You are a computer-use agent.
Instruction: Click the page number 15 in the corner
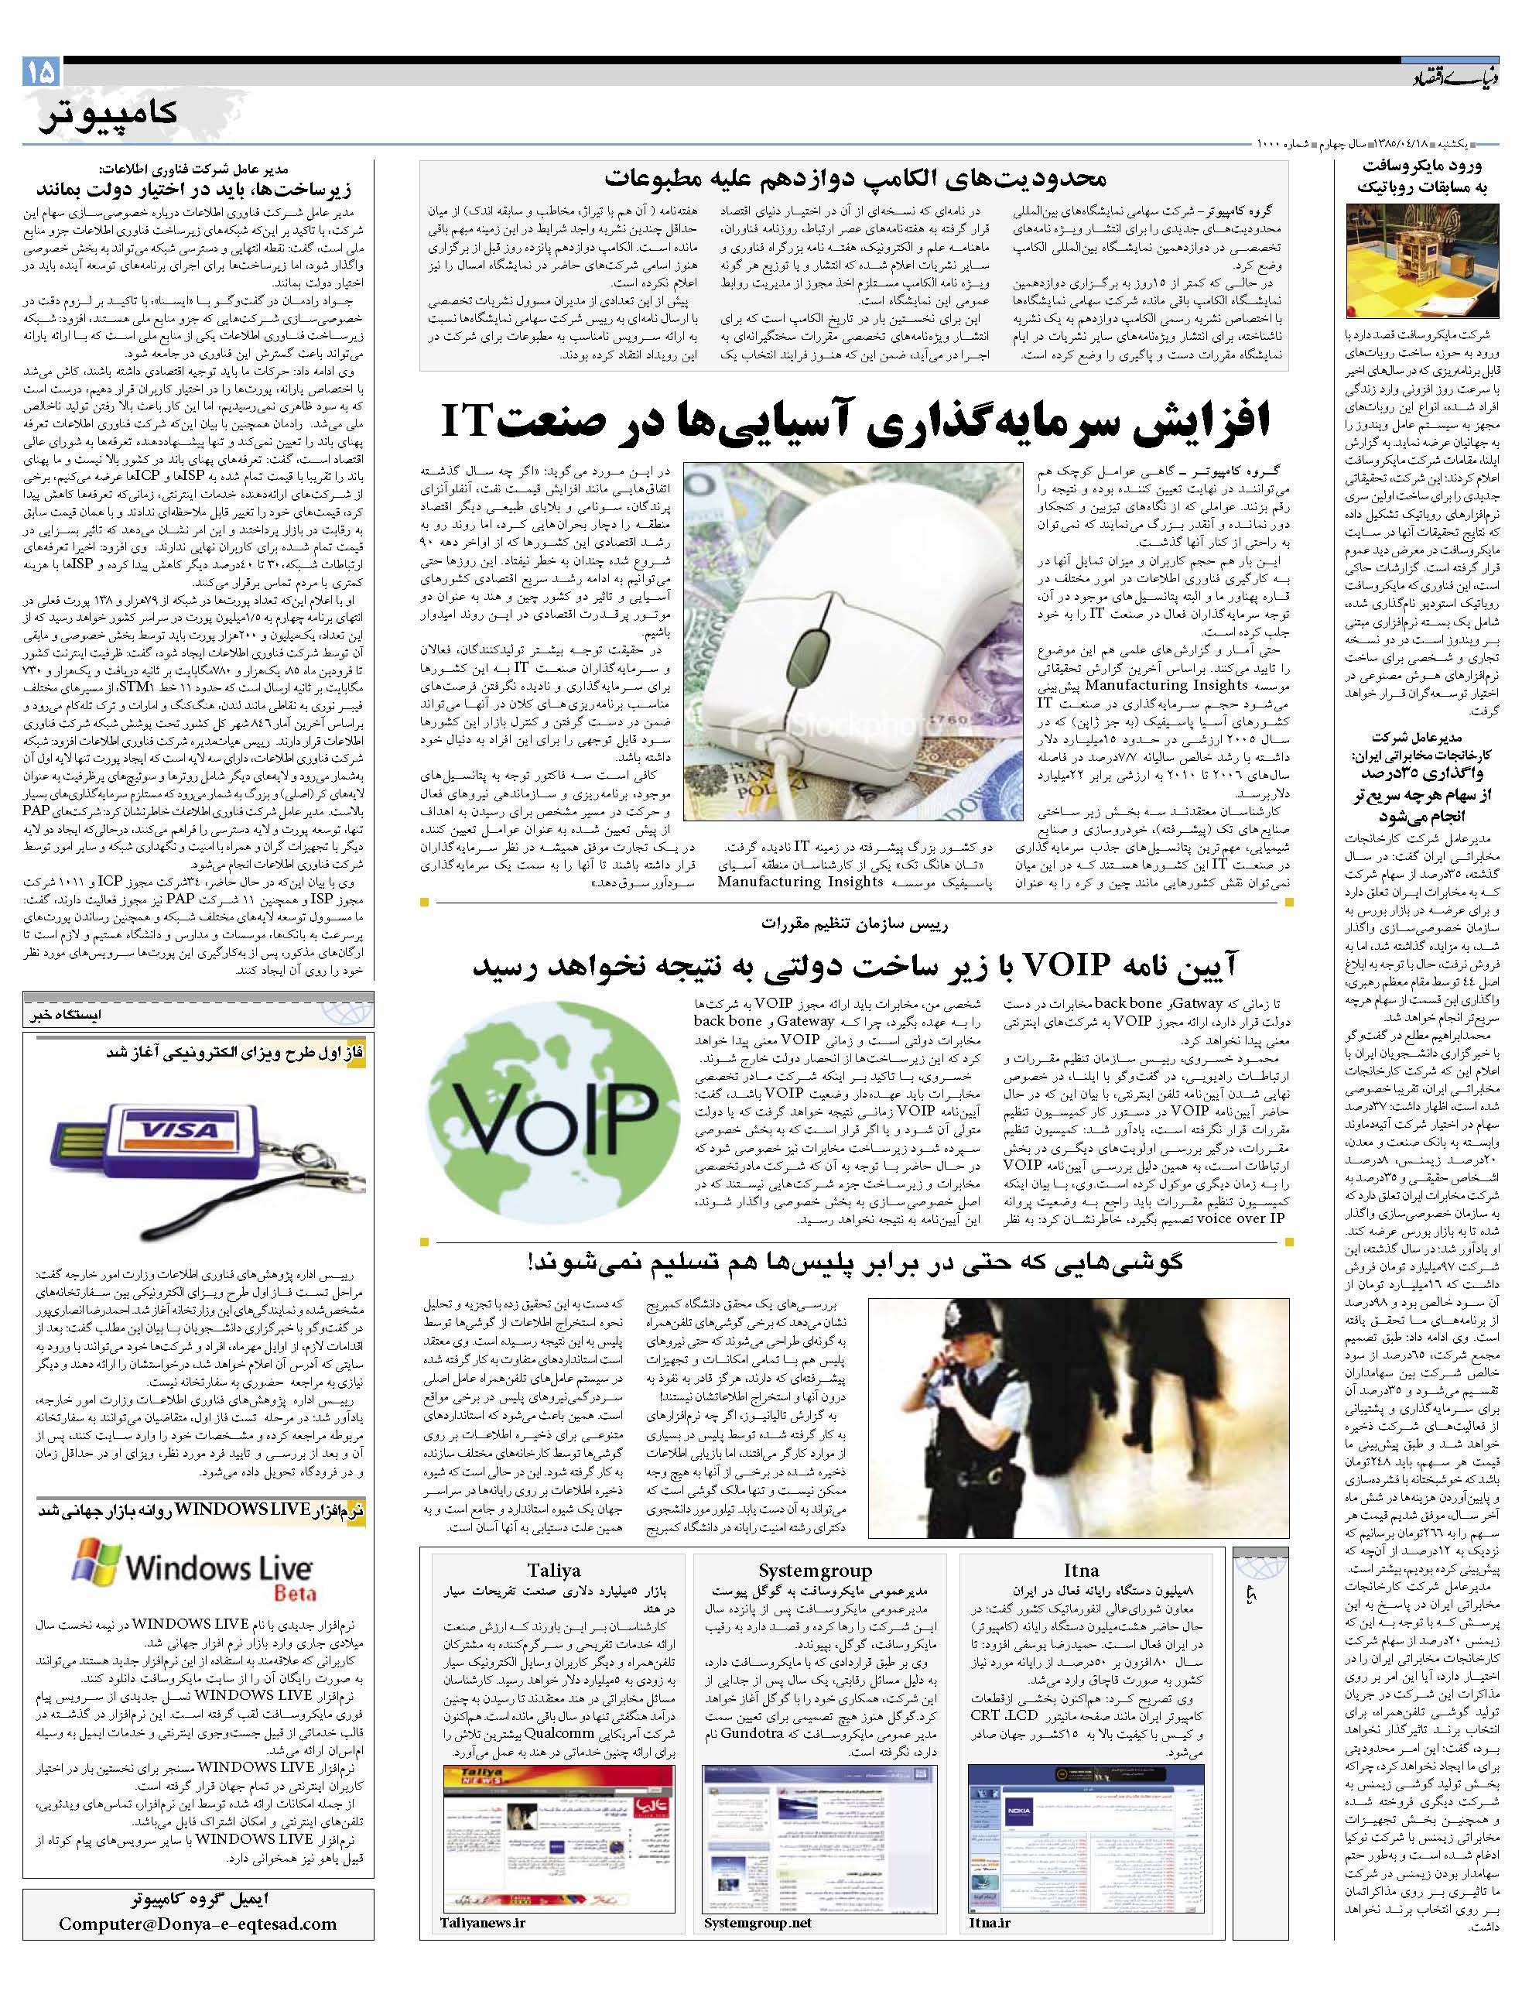pyautogui.click(x=42, y=70)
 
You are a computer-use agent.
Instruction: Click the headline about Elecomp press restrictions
pyautogui.click(x=855, y=176)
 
